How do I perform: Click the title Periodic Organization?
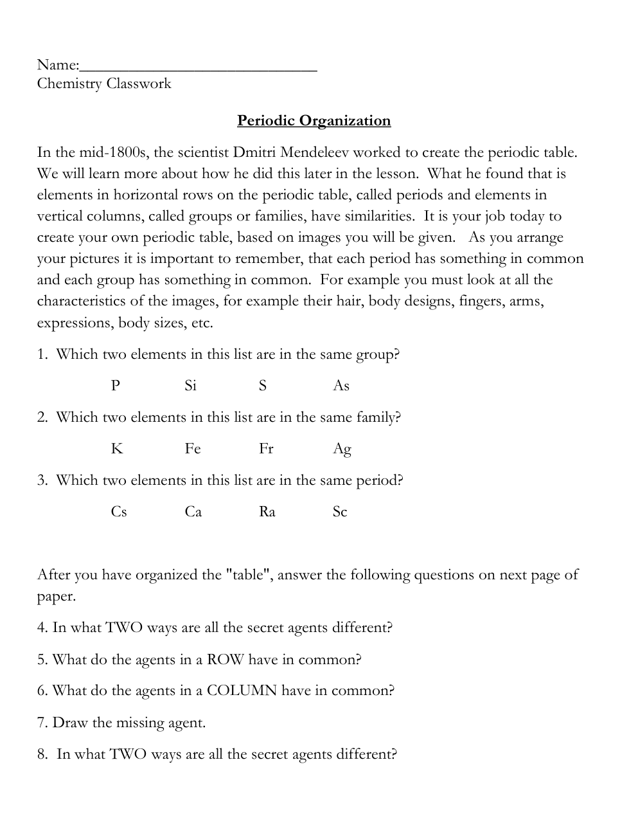314,121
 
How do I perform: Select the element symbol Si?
191,386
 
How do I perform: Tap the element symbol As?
341,386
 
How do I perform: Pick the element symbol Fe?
193,449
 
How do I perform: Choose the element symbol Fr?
266,449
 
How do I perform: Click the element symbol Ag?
342,449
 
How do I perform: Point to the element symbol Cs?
119,512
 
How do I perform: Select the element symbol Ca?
193,512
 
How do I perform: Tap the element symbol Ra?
267,512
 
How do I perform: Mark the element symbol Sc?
340,512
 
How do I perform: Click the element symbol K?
116,449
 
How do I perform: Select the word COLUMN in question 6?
242,691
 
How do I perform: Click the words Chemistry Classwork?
104,84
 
